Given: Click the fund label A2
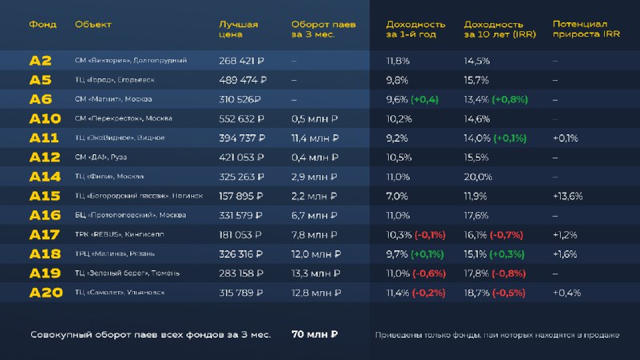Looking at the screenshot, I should (x=40, y=61).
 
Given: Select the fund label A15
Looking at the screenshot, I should (x=45, y=196).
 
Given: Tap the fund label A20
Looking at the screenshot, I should (x=46, y=293).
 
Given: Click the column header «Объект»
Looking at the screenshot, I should (x=93, y=25).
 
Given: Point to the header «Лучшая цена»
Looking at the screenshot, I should (x=238, y=30).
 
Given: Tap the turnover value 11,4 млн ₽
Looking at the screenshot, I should (x=314, y=138).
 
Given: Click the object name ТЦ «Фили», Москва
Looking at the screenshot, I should (x=109, y=177).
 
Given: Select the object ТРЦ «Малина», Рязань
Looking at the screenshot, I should (x=114, y=254).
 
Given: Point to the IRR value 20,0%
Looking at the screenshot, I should (x=478, y=177).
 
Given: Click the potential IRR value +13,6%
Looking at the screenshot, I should (x=568, y=196).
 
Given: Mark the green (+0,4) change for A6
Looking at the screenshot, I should (x=424, y=99).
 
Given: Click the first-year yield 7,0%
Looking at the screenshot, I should (x=398, y=196).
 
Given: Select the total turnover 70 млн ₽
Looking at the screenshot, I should (x=314, y=334).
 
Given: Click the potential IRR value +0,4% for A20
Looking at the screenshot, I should (x=567, y=293).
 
